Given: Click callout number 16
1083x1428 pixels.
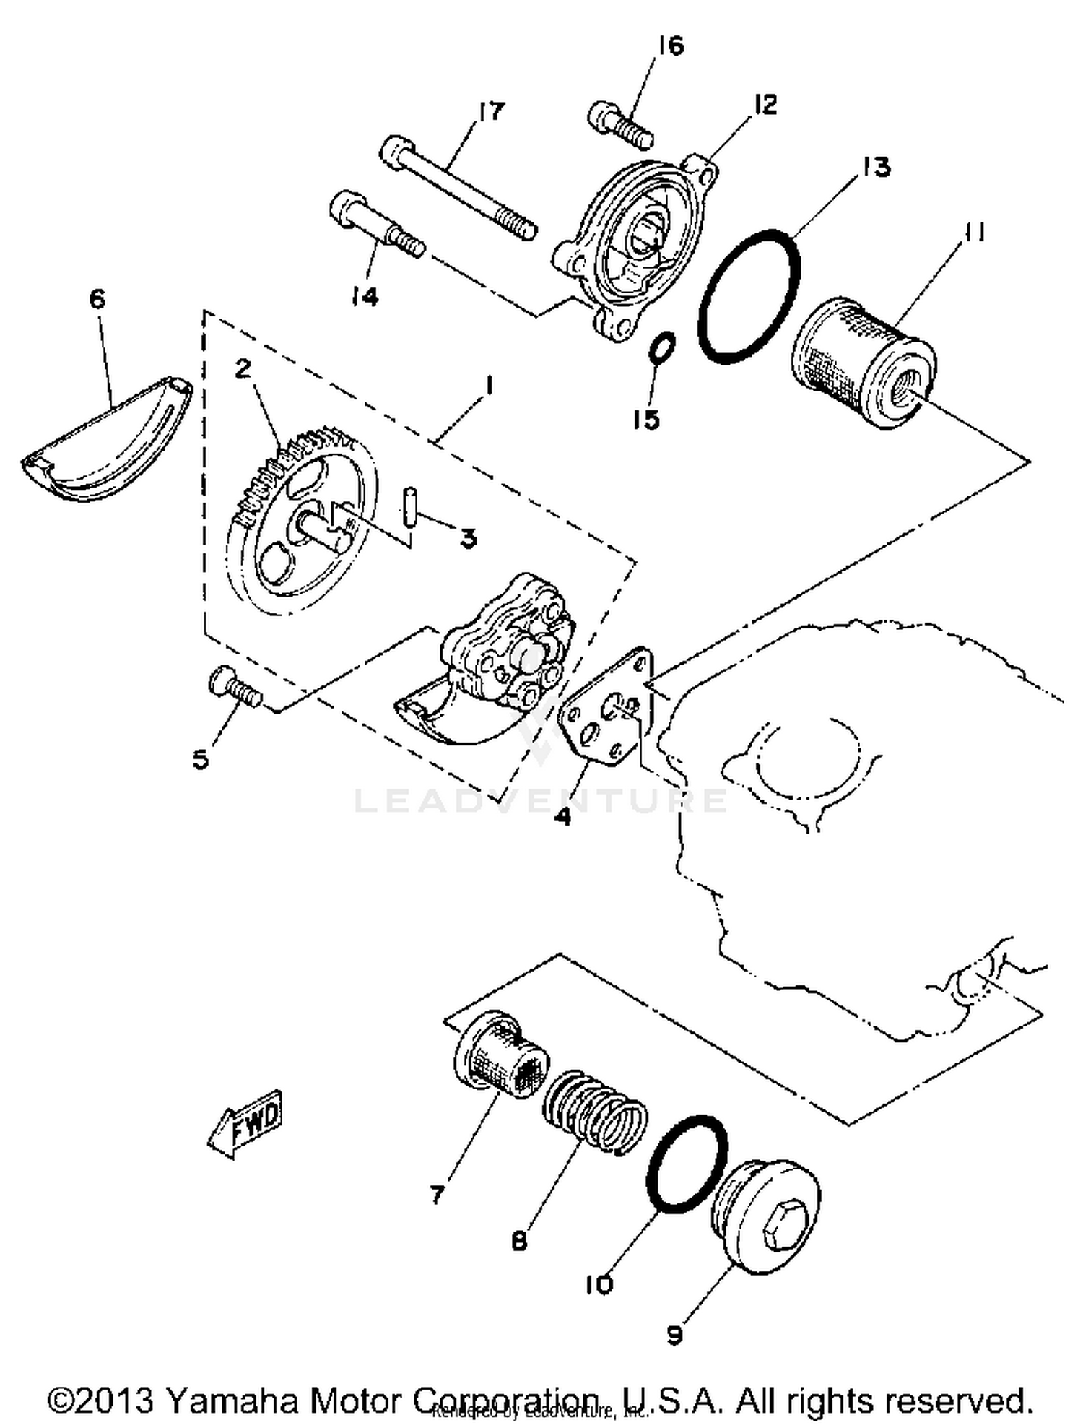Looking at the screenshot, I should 669,46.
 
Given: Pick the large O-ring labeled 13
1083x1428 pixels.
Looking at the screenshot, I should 749,297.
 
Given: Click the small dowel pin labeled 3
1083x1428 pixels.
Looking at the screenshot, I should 410,509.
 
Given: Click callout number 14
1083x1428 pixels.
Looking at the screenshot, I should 365,295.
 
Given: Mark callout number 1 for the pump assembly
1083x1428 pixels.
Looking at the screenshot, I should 489,386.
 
